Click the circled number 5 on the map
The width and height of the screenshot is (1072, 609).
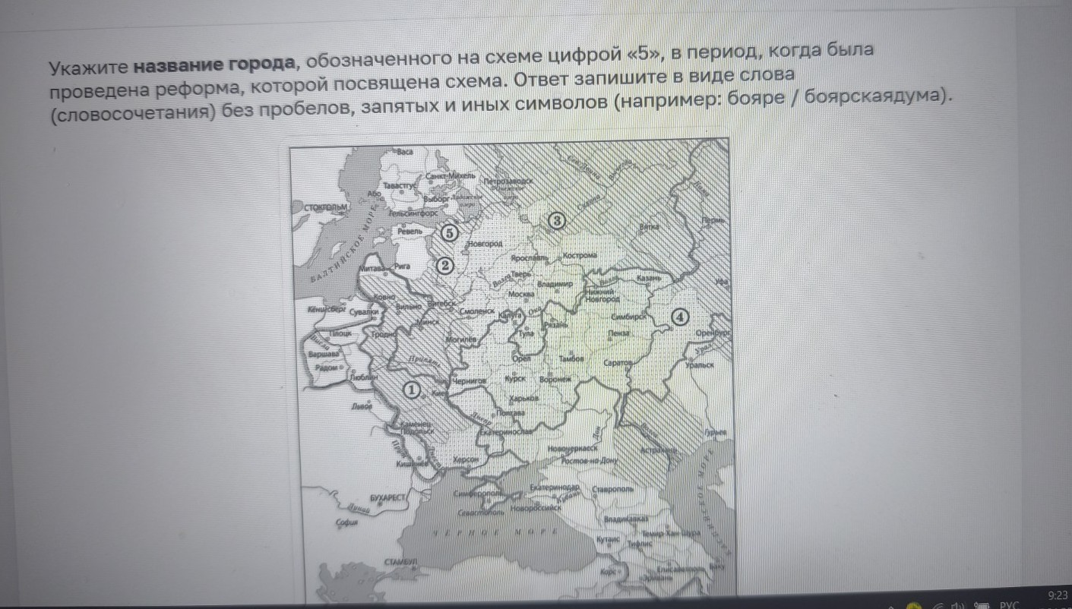click(448, 234)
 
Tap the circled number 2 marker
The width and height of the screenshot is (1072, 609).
click(444, 266)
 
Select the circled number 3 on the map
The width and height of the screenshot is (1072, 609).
click(557, 221)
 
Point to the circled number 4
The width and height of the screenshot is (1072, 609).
click(680, 317)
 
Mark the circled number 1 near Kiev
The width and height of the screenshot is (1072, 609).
click(411, 390)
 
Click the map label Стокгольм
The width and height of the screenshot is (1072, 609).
click(325, 207)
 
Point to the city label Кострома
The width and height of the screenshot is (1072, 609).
click(580, 256)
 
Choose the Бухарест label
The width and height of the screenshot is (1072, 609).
click(389, 497)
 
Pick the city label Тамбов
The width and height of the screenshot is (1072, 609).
click(571, 358)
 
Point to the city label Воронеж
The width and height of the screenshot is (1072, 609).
click(555, 379)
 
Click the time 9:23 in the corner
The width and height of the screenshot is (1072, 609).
click(1057, 595)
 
